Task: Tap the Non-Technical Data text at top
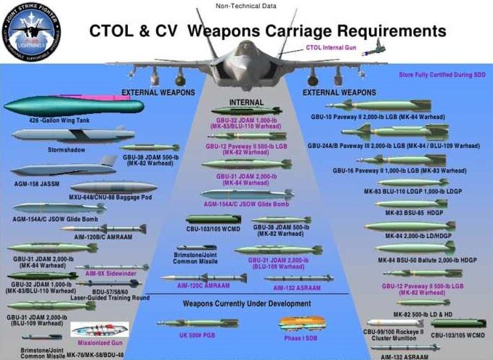point(245,7)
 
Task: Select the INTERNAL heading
point(245,102)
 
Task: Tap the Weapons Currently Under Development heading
point(246,303)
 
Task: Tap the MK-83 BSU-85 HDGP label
point(409,214)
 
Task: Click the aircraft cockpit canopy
point(245,52)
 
